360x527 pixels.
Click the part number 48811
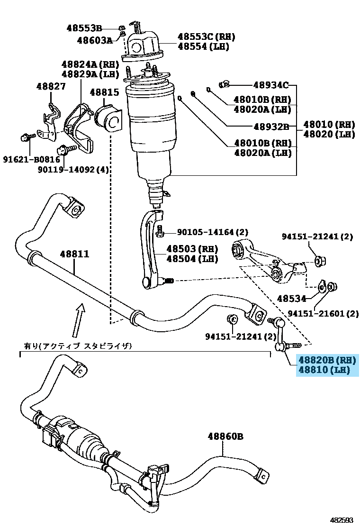point(74,254)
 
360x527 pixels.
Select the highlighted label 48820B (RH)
point(326,361)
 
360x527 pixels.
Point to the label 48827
point(51,86)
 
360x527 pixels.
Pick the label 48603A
point(94,40)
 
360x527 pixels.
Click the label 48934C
point(270,85)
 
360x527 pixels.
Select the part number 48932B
point(271,127)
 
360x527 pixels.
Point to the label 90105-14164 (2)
point(213,232)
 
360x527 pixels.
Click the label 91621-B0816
point(23,160)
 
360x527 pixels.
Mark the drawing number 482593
point(342,520)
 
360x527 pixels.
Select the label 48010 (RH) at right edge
point(329,125)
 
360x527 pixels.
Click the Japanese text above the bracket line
point(78,346)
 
